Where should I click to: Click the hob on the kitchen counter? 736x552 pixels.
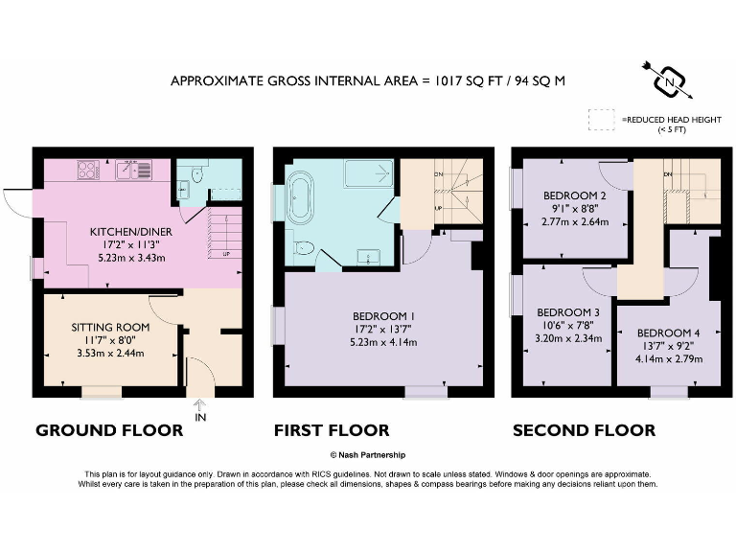[87, 172]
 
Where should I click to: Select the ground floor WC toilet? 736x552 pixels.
[195, 174]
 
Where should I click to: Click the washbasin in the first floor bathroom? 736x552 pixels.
[365, 257]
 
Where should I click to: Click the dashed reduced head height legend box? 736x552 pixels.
[603, 120]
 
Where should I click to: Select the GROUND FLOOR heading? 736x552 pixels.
[109, 431]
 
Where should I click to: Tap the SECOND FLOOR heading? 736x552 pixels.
[584, 431]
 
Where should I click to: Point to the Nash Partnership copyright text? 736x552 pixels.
[367, 456]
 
